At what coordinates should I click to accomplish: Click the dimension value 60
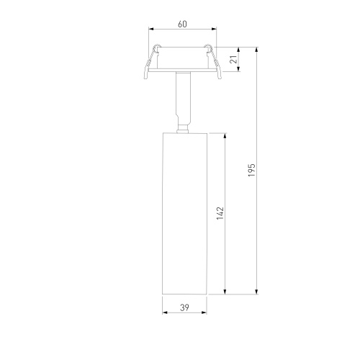point(182,24)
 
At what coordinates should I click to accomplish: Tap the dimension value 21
point(233,59)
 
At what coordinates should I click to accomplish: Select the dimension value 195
point(251,171)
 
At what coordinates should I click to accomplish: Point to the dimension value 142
point(220,213)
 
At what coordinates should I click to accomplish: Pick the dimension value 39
point(184,307)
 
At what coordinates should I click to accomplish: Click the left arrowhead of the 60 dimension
point(151,29)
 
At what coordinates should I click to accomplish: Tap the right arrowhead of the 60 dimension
point(214,29)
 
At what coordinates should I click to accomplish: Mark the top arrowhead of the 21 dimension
point(238,50)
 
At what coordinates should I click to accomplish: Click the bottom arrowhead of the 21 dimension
point(238,69)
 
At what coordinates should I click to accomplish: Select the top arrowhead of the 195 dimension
point(256,50)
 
